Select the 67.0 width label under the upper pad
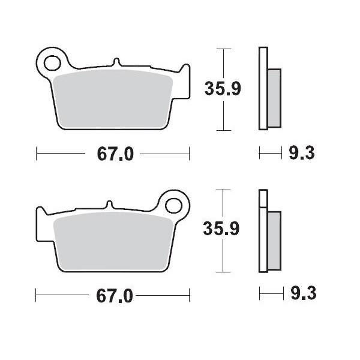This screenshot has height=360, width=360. (113, 154)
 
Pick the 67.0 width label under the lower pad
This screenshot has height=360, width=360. (113, 295)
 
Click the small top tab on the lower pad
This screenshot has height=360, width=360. (109, 203)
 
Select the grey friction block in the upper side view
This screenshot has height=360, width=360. (274, 97)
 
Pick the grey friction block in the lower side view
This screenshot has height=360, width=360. (274, 238)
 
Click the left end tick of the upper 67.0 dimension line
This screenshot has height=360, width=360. (37, 154)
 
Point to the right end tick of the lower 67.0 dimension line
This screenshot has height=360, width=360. (190, 295)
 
